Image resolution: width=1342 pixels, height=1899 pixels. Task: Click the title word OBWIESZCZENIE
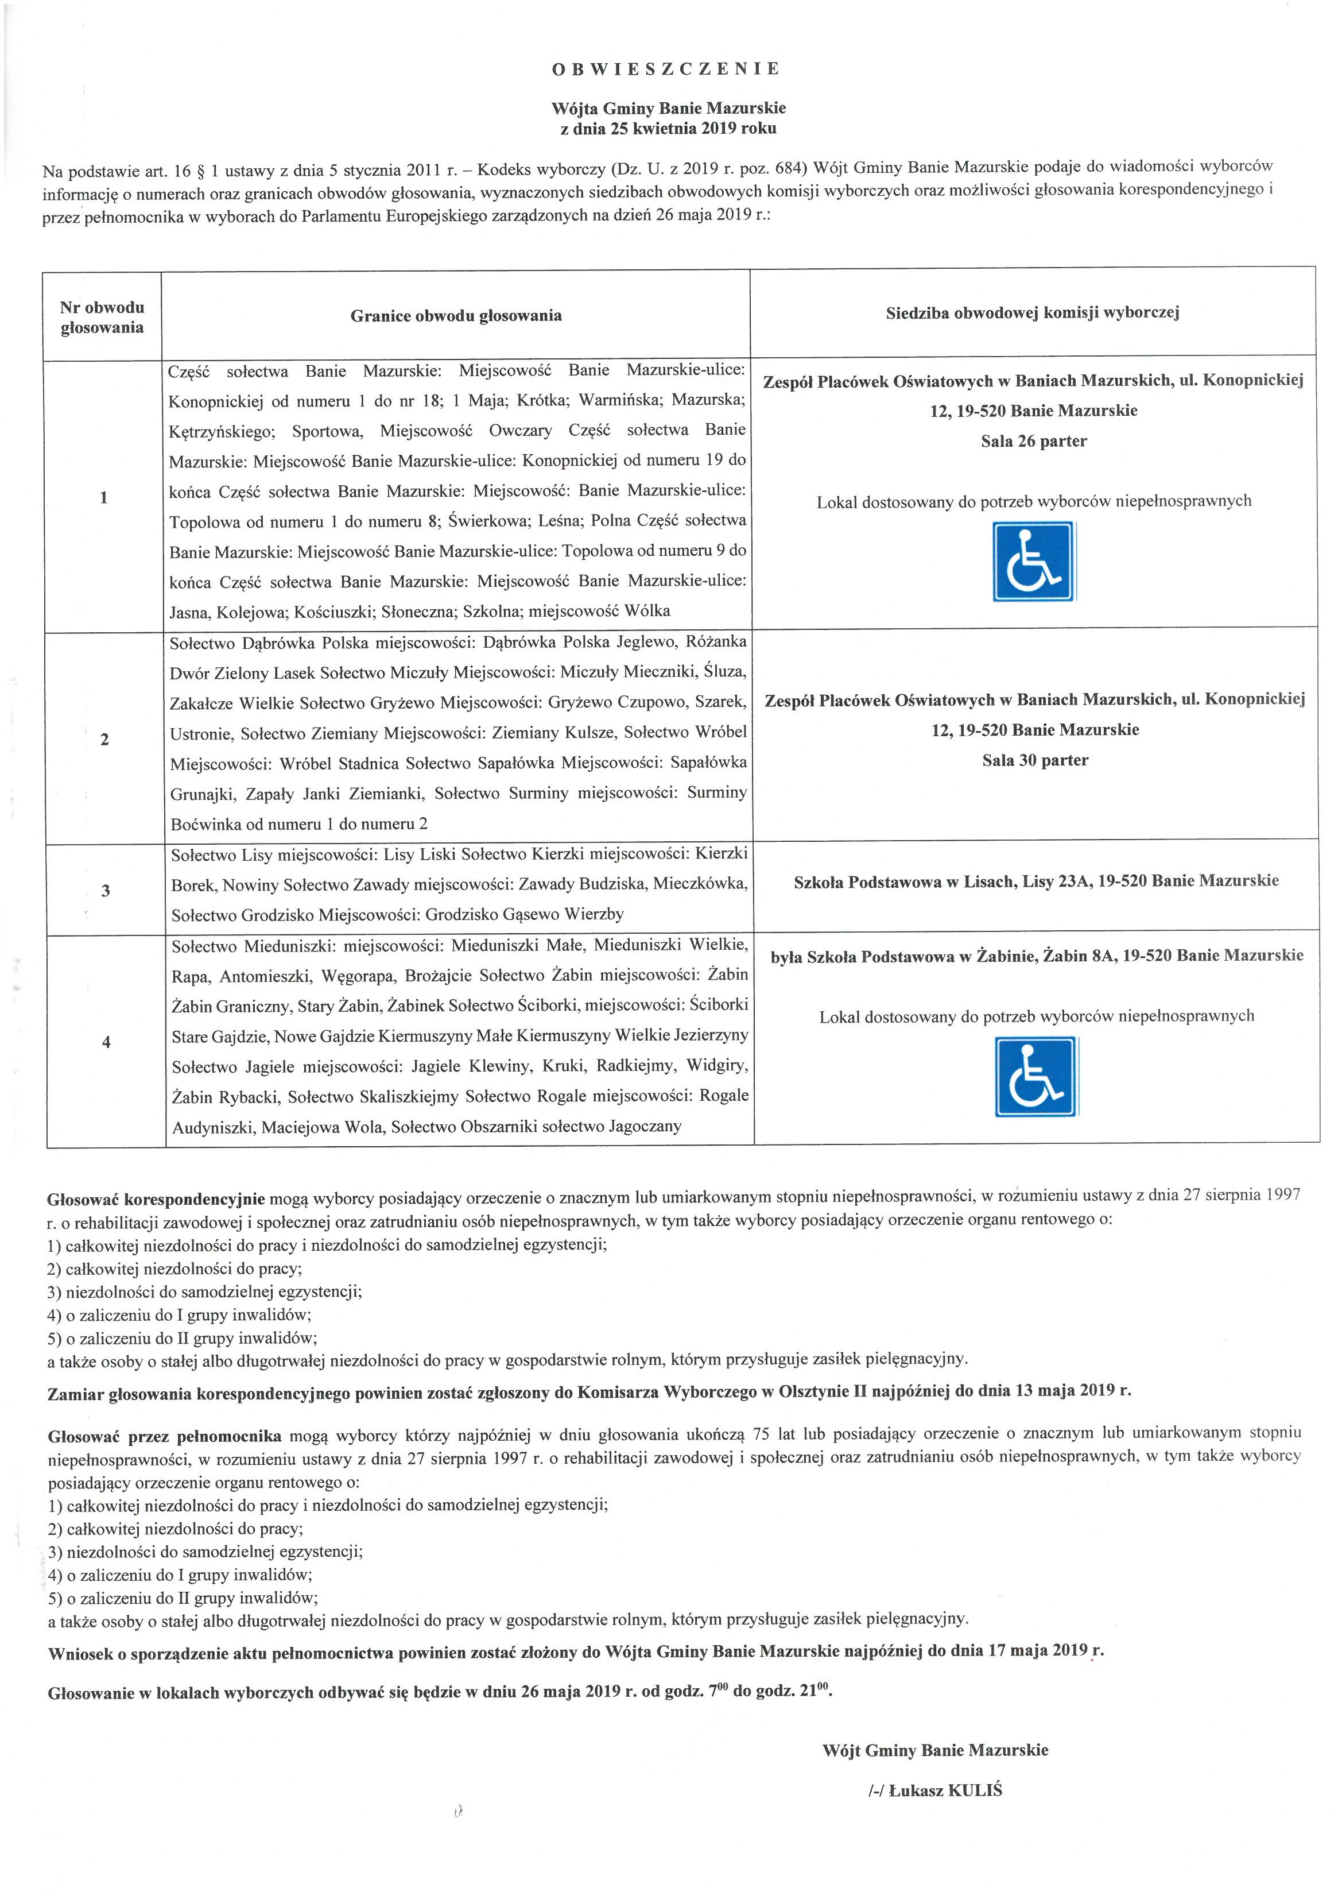point(666,69)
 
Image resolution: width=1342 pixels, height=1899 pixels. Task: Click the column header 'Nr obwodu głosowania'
point(103,318)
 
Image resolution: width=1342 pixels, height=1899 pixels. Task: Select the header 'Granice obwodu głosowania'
point(456,315)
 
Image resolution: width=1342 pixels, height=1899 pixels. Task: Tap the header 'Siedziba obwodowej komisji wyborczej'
point(1032,312)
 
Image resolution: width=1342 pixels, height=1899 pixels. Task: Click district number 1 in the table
point(103,498)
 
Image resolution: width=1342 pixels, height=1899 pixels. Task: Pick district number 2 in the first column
point(104,740)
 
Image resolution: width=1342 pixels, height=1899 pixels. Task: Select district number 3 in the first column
point(105,891)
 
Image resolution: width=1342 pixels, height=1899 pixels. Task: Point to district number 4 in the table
point(106,1042)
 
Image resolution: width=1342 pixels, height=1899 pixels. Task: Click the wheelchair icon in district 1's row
point(1034,562)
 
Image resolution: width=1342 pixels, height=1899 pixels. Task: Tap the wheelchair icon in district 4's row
point(1036,1076)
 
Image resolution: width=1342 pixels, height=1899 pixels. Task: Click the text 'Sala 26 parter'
point(1034,442)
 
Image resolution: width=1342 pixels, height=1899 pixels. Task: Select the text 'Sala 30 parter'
point(1035,760)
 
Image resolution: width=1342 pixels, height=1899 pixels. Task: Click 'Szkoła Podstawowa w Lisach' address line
point(1035,881)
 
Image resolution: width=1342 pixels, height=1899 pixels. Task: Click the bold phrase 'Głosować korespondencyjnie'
point(156,1198)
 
